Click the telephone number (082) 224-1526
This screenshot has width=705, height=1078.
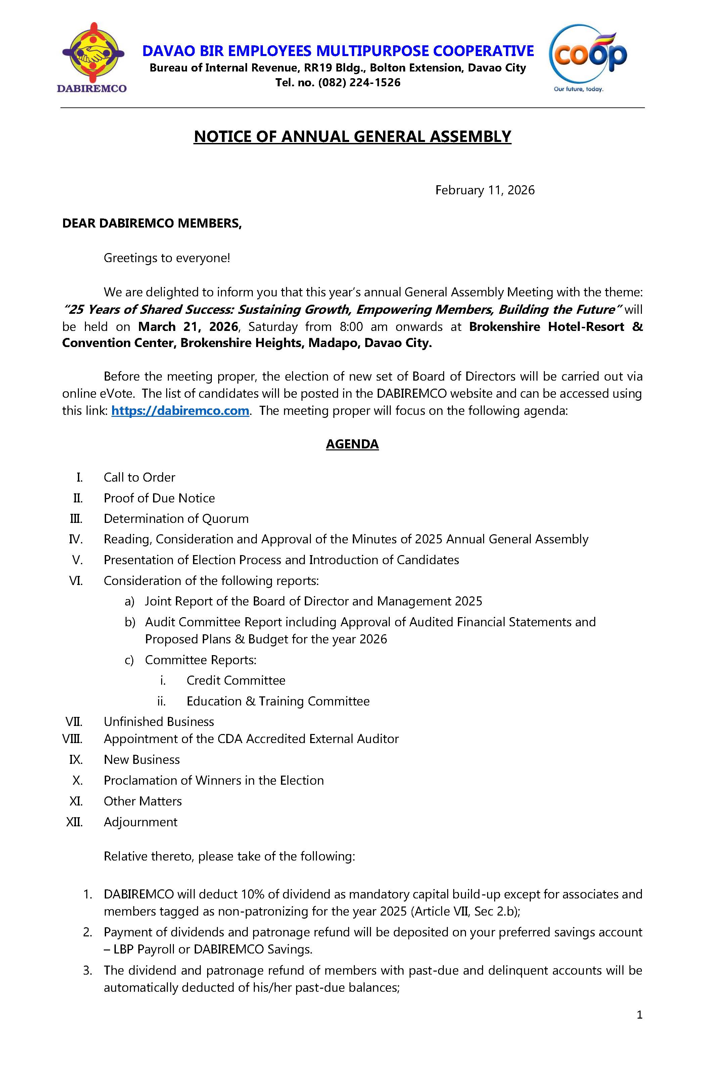coord(359,83)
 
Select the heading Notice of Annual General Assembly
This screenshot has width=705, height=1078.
coord(352,136)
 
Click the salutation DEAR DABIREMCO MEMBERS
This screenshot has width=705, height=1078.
coord(152,223)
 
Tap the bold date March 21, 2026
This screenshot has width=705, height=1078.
coord(188,327)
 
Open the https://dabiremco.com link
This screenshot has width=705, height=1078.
coord(180,410)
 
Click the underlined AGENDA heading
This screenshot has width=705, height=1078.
coord(352,444)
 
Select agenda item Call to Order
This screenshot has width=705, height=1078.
coord(139,477)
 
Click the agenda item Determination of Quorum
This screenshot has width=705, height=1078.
coord(176,519)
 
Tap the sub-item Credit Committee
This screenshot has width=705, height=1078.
coord(236,680)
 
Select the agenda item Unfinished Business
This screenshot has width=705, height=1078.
coord(158,722)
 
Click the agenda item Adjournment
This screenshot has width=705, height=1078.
coord(140,822)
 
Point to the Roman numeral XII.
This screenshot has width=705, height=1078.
coord(75,822)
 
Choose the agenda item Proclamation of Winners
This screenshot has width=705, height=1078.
coord(214,780)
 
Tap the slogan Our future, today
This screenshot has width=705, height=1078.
coord(578,89)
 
